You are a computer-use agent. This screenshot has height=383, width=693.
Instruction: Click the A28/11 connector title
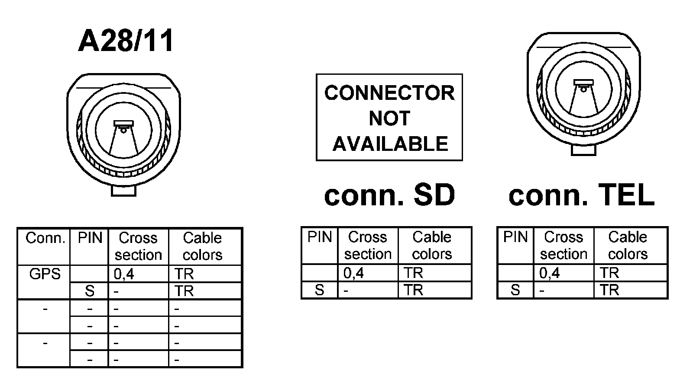point(126,41)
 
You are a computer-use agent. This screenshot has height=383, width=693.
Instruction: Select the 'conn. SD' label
point(389,195)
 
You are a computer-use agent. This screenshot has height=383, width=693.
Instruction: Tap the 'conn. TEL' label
point(581,195)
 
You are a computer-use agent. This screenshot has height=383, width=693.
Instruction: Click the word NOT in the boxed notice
point(389,118)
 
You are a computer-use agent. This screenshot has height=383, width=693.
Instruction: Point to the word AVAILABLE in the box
point(390,144)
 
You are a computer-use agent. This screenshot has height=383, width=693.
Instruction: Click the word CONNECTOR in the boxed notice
point(389,93)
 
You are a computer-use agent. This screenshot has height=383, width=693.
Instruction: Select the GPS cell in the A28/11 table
point(45,274)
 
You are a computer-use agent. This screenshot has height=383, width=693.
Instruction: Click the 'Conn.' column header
point(45,238)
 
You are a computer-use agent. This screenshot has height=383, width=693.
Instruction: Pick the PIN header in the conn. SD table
point(320,237)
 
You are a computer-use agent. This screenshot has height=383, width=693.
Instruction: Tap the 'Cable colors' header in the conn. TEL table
point(628,245)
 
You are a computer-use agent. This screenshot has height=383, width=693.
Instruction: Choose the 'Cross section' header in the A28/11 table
point(138,246)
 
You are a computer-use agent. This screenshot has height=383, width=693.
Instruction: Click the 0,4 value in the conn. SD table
point(353,273)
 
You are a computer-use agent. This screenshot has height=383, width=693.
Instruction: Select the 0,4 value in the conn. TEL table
point(549,273)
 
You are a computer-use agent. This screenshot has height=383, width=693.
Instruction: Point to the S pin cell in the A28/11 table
point(89,291)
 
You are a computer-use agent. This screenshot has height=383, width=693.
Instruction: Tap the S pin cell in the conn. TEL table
point(515,290)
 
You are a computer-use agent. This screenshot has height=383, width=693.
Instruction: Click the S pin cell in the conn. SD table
point(320,290)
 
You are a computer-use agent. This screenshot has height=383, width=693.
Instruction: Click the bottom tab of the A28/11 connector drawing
point(123,190)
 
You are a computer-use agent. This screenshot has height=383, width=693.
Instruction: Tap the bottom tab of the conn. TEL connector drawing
point(583,150)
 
